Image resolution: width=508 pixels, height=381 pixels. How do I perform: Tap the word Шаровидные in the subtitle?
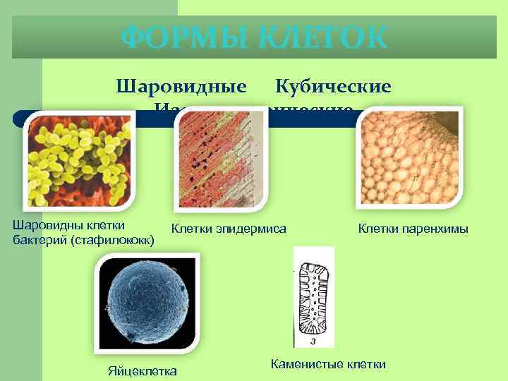181,87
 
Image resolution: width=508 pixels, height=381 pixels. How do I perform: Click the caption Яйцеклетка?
142,371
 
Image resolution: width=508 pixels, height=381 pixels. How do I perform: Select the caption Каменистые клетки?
328,364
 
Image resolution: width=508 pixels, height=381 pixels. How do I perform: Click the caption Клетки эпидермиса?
229,228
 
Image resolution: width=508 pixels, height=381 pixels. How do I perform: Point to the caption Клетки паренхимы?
413,228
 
